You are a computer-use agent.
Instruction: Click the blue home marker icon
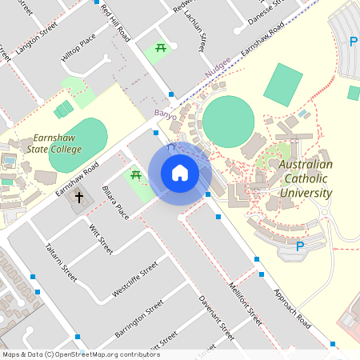(180, 172)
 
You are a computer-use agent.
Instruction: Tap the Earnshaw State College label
(46, 144)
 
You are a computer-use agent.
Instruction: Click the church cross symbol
(79, 196)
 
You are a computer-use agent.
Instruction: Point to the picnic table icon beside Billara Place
(136, 175)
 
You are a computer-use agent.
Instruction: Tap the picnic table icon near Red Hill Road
(162, 49)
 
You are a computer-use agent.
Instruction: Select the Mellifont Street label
(244, 301)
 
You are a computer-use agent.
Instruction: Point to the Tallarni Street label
(62, 262)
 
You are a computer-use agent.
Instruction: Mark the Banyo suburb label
(165, 115)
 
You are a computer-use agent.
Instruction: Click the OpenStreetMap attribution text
(81, 354)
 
